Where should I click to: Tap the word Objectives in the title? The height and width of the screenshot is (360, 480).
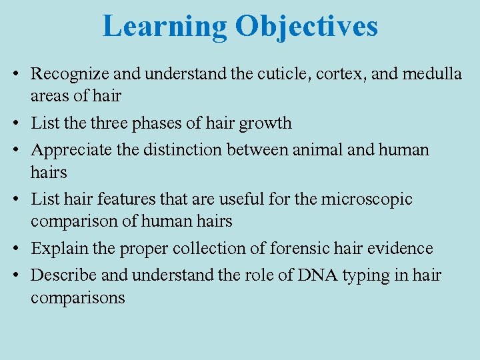(306, 27)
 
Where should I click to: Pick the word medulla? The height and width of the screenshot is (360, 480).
(433, 74)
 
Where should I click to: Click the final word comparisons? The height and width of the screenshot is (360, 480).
(77, 298)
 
